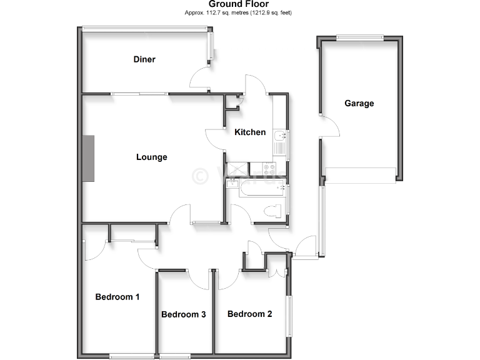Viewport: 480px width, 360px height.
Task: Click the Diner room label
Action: pos(144,59)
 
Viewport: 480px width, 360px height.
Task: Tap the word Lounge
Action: pos(152,157)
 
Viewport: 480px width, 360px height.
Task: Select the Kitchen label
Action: pos(250,132)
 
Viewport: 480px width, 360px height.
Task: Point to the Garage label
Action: pos(359,103)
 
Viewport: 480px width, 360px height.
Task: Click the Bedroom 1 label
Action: pos(117,297)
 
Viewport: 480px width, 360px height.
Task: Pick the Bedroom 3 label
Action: pos(184,314)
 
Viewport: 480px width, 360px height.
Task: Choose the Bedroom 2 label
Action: pos(249,314)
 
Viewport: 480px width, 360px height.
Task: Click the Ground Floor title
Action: pos(239,4)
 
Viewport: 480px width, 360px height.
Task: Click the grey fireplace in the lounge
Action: pos(88,159)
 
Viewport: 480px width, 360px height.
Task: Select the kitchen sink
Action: pos(279,135)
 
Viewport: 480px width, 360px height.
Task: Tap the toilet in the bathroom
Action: pos(273,211)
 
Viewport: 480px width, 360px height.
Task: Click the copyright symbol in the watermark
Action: pos(201,176)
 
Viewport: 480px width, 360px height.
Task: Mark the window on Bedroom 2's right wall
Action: pos(289,316)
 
